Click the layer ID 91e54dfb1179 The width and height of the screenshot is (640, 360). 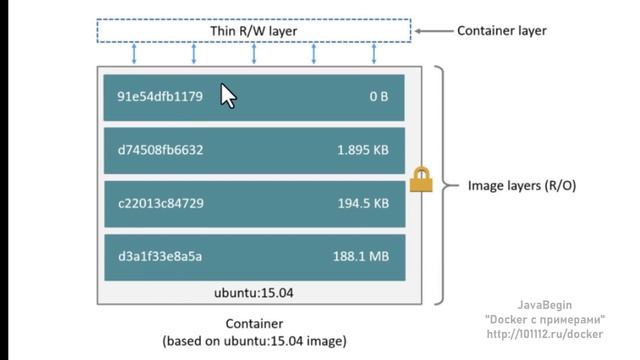[160, 97]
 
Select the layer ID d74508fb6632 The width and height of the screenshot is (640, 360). [160, 150]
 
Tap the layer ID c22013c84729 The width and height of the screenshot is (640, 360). [161, 203]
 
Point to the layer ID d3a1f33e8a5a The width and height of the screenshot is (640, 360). [160, 256]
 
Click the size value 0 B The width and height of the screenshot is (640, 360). [378, 97]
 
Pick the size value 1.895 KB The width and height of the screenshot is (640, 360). [362, 150]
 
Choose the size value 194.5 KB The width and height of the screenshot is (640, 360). [362, 203]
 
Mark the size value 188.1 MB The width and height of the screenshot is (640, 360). [360, 256]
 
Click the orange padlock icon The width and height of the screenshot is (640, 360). [420, 180]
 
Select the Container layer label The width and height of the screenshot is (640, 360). [501, 31]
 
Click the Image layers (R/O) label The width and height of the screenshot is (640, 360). [522, 186]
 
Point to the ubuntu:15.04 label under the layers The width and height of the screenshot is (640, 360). [252, 294]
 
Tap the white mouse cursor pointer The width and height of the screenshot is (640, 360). [227, 95]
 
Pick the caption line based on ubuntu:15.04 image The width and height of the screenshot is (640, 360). [254, 341]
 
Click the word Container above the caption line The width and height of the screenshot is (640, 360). [254, 324]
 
